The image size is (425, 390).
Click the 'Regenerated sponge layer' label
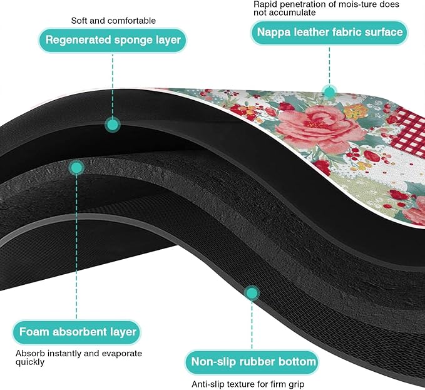click(x=113, y=40)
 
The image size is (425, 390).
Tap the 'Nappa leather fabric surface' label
click(x=329, y=33)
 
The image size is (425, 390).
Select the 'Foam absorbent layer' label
click(x=77, y=332)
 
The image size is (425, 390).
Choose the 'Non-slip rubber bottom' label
click(x=253, y=362)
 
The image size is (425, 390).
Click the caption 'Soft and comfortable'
click(x=113, y=21)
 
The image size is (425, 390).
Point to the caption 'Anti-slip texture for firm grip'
click(x=248, y=384)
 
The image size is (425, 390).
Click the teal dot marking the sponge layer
click(x=113, y=125)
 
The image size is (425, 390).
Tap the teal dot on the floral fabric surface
click(x=329, y=92)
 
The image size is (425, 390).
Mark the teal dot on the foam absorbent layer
click(x=76, y=168)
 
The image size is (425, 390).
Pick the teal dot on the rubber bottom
click(x=252, y=293)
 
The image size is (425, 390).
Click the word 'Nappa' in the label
click(x=274, y=33)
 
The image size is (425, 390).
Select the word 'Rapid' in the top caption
click(x=264, y=5)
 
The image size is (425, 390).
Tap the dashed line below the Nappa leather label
click(x=330, y=66)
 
